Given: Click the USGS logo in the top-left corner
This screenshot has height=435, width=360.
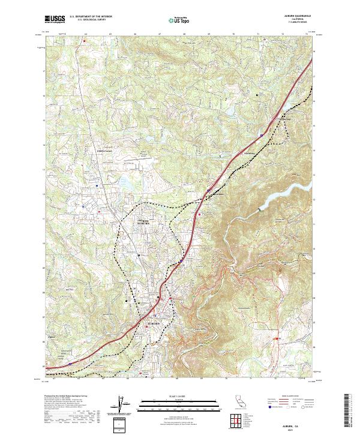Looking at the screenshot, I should tap(55, 19).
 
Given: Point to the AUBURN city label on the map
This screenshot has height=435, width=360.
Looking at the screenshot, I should tap(154, 323).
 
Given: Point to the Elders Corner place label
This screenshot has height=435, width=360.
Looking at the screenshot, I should tap(104, 151).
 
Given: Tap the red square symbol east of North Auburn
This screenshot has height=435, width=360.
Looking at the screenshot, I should tap(200, 212).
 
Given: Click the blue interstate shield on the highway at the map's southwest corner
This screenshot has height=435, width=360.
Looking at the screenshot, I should tap(70, 363).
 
